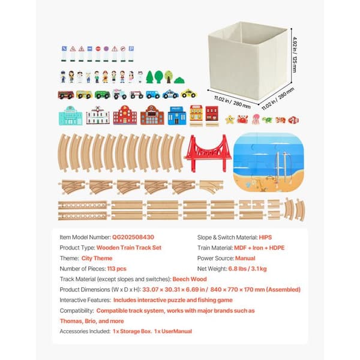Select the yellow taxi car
click(189, 94)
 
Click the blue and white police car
click(170, 94)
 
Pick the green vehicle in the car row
click(103, 95)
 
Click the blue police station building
click(177, 115)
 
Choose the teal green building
click(70, 116)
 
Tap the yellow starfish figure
click(230, 119)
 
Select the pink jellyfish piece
click(256, 119)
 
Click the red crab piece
click(242, 119)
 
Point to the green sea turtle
click(268, 120)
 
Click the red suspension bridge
click(208, 153)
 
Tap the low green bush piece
click(179, 80)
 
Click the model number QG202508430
click(133, 237)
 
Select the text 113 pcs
click(116, 269)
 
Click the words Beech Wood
click(190, 279)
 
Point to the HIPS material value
click(265, 237)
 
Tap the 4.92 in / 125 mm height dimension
click(295, 55)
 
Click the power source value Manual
click(245, 258)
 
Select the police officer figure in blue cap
click(63, 77)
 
